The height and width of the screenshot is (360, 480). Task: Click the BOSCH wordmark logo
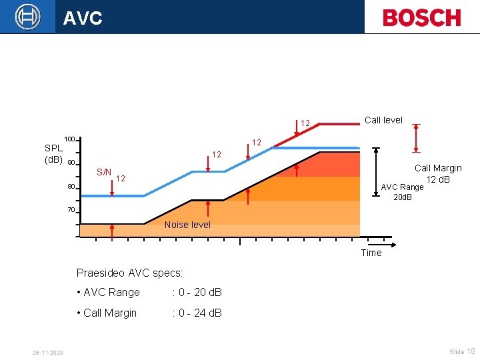pos(421,17)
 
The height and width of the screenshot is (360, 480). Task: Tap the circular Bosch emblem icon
pos(27,16)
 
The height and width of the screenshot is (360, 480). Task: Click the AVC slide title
pos(83,18)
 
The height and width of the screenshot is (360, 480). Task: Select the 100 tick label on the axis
pos(69,139)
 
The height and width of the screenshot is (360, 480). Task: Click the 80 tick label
pos(71,187)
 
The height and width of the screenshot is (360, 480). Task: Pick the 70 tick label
pos(71,210)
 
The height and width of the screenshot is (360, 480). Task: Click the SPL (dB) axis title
pos(53,154)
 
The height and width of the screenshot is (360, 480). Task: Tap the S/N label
pos(103,172)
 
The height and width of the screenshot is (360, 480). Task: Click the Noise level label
pos(187,225)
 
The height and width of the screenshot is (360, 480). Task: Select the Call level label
pos(383,120)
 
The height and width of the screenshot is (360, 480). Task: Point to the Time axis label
pos(371,253)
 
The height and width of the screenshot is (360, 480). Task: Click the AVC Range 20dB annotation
pos(402,192)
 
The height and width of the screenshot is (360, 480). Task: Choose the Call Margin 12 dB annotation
pos(438,174)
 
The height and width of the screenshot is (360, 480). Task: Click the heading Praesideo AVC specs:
pos(129,273)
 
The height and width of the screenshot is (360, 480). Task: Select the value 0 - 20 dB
pos(197,292)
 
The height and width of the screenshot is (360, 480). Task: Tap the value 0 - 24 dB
pos(197,313)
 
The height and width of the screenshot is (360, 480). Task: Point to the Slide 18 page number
pos(462,351)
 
